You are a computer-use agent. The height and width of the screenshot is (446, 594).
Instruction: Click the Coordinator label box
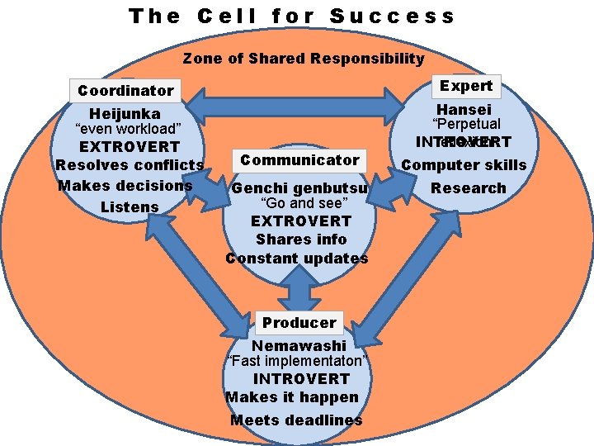tap(125, 90)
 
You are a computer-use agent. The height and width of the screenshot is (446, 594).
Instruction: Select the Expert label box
tap(465, 86)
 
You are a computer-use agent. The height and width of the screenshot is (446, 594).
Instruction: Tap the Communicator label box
tap(299, 160)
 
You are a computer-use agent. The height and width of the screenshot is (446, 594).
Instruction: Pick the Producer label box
tap(299, 322)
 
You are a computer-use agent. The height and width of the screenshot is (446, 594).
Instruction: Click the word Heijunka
tap(125, 113)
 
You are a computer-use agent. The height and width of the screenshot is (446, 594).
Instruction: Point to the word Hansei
tap(464, 110)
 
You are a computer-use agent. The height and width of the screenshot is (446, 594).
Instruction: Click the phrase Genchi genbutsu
tap(299, 188)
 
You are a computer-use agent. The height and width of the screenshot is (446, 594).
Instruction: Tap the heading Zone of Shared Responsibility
tap(304, 59)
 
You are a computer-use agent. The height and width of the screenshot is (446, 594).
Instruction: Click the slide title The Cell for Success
tap(292, 16)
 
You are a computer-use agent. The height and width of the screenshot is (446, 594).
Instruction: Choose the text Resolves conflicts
tap(130, 165)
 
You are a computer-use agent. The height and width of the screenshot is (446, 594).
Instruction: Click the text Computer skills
tap(464, 165)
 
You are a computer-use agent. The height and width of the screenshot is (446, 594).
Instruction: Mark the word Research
tap(468, 188)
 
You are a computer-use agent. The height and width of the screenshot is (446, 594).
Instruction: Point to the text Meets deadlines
tap(296, 420)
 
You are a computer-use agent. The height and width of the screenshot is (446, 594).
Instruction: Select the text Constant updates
tap(297, 259)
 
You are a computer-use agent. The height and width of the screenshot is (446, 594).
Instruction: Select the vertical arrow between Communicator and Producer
tap(299, 289)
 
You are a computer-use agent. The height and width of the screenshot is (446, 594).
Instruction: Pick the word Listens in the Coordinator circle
tap(130, 206)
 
